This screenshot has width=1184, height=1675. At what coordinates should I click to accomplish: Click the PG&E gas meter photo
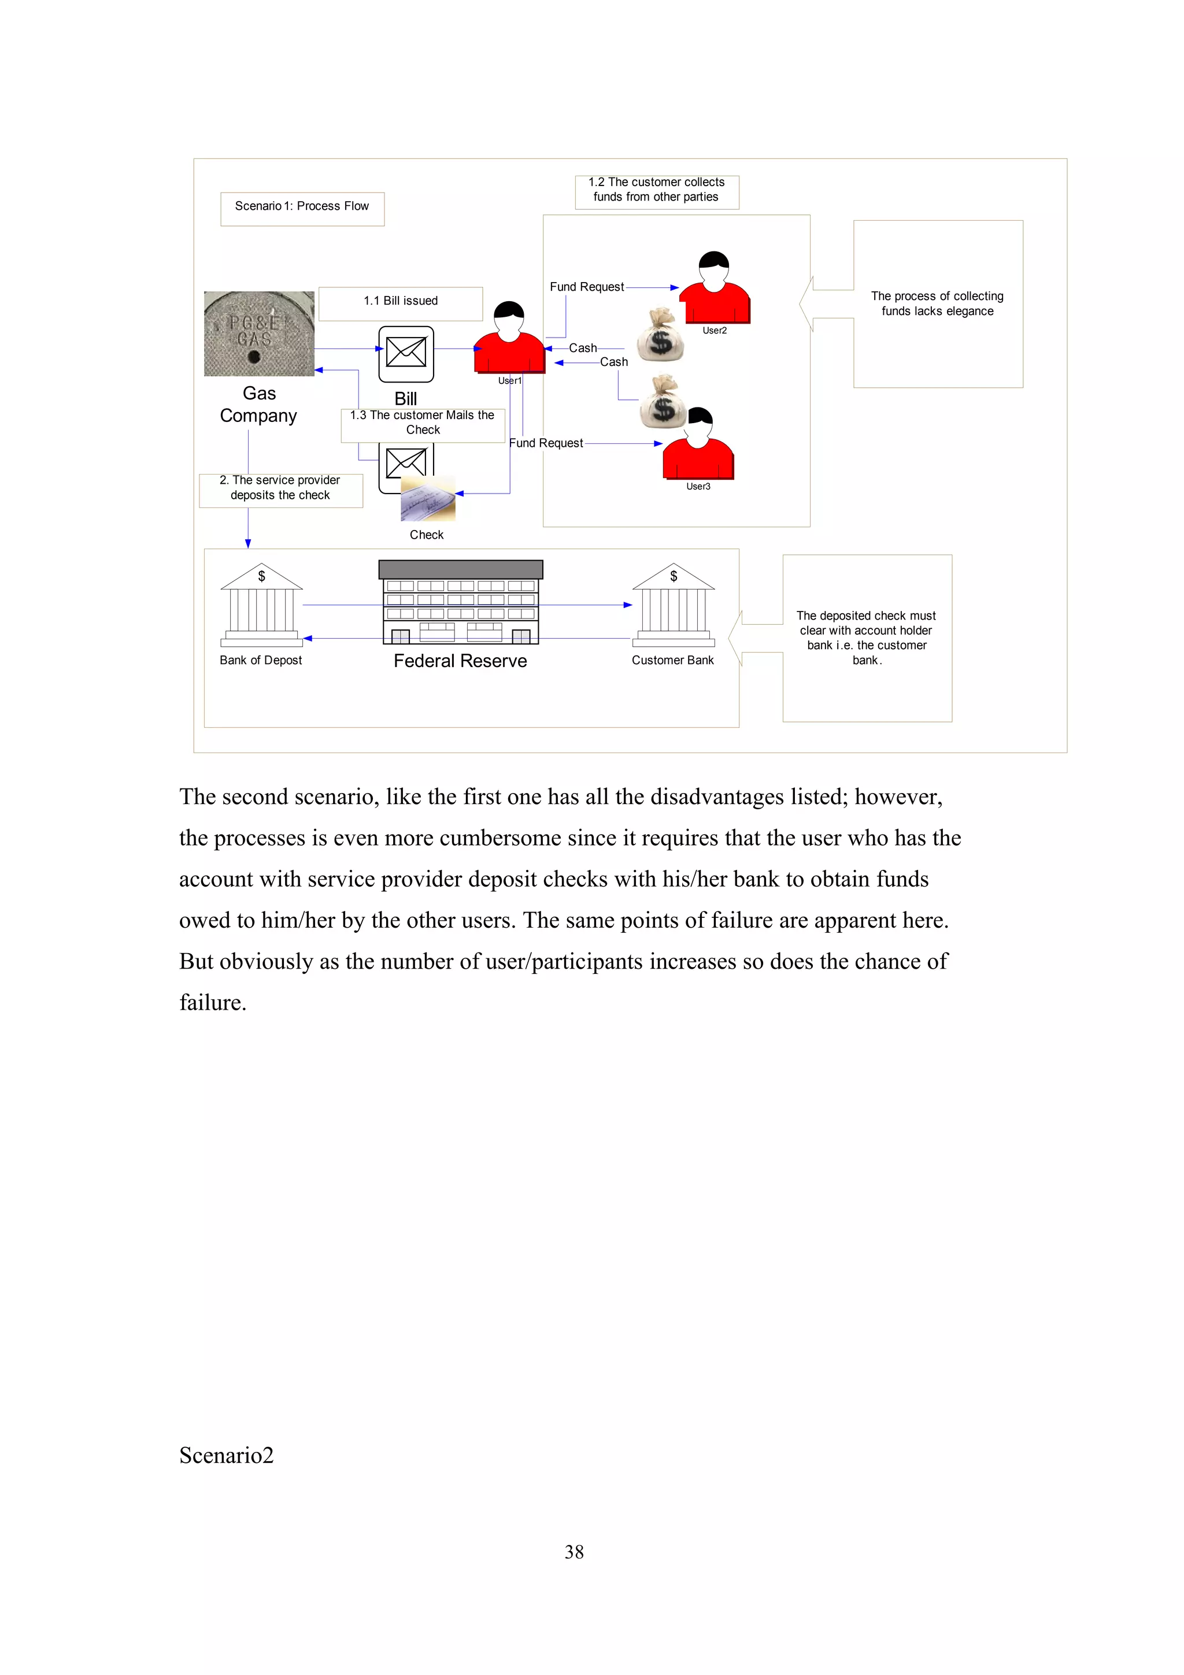pos(259,333)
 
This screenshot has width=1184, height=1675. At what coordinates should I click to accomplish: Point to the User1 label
pos(509,381)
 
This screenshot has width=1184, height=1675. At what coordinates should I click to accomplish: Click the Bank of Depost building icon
pos(261,606)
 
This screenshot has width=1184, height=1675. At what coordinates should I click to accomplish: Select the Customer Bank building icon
pos(672,606)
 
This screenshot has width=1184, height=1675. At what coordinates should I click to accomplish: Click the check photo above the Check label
pos(428,499)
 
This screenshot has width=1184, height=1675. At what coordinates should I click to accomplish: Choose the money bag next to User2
pos(660,336)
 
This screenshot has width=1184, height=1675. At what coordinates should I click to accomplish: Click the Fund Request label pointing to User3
pos(546,443)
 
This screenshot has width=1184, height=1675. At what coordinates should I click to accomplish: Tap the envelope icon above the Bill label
pos(406,354)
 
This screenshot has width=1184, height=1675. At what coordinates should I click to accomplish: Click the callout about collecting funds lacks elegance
pos(937,304)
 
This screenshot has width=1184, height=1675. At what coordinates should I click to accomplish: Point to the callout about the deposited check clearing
pos(867,638)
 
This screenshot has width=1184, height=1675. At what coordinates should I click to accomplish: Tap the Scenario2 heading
pos(226,1455)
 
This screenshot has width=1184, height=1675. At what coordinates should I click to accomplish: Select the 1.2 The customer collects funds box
pos(657,190)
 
